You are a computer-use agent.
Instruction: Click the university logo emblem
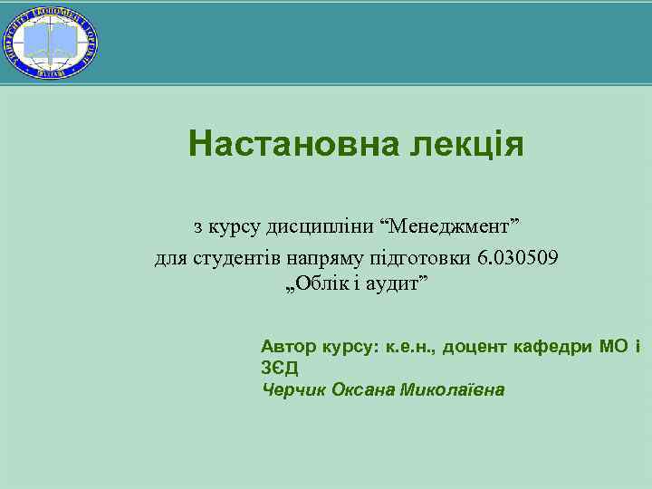click(52, 41)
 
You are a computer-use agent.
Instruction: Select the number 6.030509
click(518, 258)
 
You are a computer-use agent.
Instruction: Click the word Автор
click(287, 347)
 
